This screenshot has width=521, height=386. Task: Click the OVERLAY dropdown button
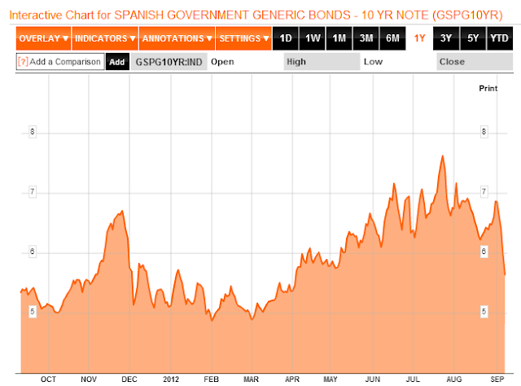tap(43, 38)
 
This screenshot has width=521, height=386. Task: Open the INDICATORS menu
tap(105, 38)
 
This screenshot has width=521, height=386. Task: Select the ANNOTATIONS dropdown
tap(177, 38)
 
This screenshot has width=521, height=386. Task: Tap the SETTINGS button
tap(244, 38)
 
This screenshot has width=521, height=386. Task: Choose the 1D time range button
tap(286, 38)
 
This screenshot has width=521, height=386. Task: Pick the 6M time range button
tap(392, 38)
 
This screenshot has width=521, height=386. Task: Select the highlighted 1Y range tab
tap(419, 38)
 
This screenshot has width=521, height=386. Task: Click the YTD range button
tap(499, 38)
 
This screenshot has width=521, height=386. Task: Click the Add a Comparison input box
tap(60, 62)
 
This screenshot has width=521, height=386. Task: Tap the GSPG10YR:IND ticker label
tap(169, 62)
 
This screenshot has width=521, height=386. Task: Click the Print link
tap(488, 89)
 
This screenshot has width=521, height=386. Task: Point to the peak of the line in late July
tap(443, 156)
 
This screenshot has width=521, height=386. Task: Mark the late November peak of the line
tap(123, 211)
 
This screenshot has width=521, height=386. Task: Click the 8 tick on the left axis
tap(33, 132)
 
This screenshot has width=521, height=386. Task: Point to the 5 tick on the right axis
tap(484, 312)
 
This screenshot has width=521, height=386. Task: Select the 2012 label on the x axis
tap(171, 379)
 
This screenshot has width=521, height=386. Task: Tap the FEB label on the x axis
tap(212, 379)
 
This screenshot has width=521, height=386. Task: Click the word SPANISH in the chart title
tap(139, 15)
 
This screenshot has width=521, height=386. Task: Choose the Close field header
tap(452, 62)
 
